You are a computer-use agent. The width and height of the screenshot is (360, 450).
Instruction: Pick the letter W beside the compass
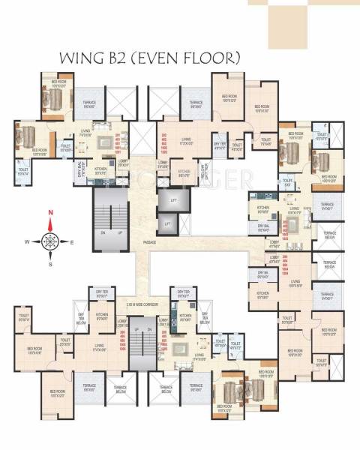(x=26, y=241)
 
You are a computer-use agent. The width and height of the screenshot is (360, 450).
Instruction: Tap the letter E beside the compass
(x=72, y=241)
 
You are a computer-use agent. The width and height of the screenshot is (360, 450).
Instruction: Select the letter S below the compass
(x=50, y=264)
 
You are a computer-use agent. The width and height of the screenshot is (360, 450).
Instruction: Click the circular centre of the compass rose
(x=50, y=241)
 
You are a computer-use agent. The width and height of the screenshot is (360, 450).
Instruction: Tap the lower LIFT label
(x=168, y=223)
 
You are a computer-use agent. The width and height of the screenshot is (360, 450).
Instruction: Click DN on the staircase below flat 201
(x=103, y=232)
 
